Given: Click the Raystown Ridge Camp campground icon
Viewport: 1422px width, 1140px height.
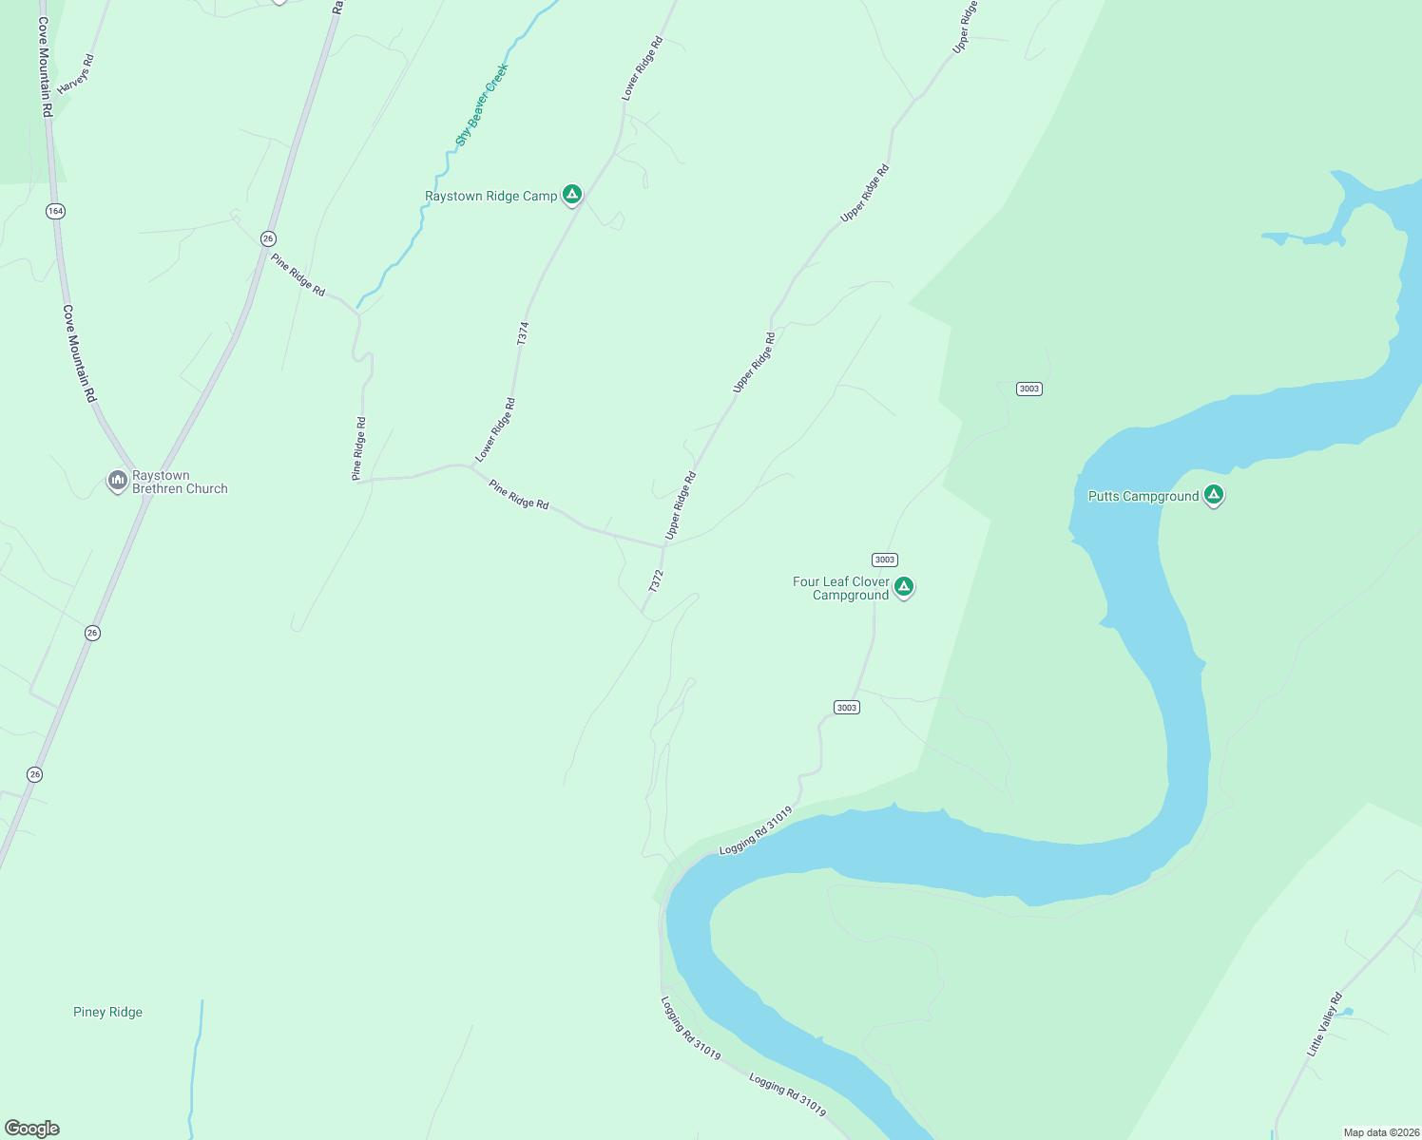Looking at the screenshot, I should pyautogui.click(x=571, y=195).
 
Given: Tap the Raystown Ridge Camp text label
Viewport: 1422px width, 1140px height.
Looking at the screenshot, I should pyautogui.click(x=490, y=197).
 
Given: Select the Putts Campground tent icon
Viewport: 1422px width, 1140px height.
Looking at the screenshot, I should pyautogui.click(x=1213, y=495).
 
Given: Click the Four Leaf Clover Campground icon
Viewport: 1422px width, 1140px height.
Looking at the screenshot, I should pyautogui.click(x=904, y=587).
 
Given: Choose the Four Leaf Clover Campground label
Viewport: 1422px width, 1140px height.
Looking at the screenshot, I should pyautogui.click(x=841, y=589).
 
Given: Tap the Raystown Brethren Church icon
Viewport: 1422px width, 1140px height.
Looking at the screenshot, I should pyautogui.click(x=117, y=482).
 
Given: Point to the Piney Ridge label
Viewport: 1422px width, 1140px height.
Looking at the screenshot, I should pyautogui.click(x=107, y=1013).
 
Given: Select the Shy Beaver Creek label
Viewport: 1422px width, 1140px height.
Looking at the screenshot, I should pyautogui.click(x=482, y=104).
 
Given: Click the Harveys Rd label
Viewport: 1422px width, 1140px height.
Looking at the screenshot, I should pyautogui.click(x=75, y=75).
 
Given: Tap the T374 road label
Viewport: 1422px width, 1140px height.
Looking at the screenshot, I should pyautogui.click(x=523, y=333).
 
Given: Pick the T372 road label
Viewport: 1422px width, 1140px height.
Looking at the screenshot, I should pyautogui.click(x=655, y=581).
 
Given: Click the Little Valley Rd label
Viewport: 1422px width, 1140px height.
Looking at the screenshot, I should pyautogui.click(x=1324, y=1025).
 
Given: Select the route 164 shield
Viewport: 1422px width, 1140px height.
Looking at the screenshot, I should pyautogui.click(x=55, y=211).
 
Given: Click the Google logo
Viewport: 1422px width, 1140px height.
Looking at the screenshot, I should pyautogui.click(x=32, y=1129).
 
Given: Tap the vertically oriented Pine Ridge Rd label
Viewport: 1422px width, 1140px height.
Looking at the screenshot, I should pyautogui.click(x=359, y=448).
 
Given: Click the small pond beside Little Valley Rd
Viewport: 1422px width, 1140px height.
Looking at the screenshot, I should pyautogui.click(x=1345, y=1012).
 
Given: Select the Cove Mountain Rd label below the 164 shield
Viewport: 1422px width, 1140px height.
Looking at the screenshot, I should pyautogui.click(x=80, y=353).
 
